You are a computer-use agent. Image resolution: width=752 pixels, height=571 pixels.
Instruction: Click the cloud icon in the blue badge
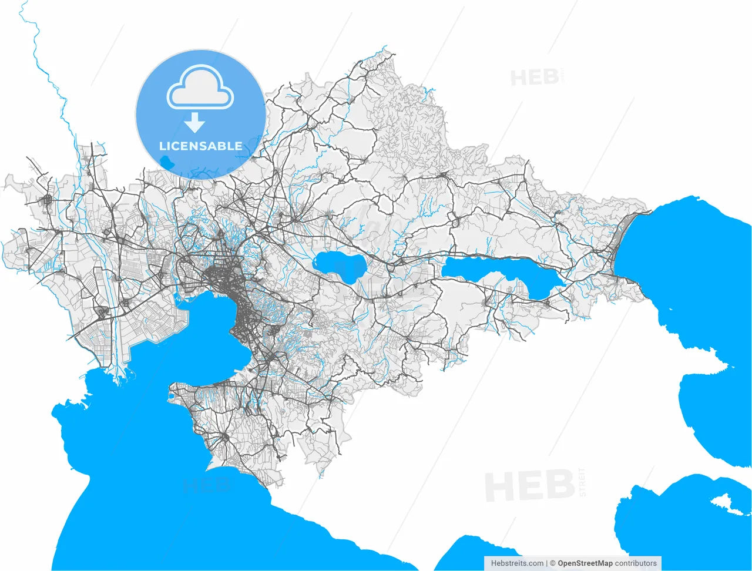[200, 88]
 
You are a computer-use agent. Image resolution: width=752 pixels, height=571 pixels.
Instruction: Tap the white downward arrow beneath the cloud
[194, 122]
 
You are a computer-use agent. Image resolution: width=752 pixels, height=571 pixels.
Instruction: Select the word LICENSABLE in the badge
[200, 146]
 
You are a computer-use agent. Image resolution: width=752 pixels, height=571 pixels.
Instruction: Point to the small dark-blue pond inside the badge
[169, 161]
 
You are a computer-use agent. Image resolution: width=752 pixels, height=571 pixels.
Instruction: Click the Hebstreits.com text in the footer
[517, 563]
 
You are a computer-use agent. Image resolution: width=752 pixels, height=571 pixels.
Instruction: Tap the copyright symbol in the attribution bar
[553, 563]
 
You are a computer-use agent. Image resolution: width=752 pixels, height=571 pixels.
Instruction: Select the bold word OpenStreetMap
[585, 563]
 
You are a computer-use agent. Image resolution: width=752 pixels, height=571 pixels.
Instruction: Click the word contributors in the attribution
[636, 563]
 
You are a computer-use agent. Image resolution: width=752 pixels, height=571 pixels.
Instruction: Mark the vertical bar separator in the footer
[547, 563]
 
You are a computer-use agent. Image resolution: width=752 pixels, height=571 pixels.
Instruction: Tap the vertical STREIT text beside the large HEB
[582, 482]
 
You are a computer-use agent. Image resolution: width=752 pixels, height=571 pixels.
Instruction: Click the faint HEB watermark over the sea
[206, 485]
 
